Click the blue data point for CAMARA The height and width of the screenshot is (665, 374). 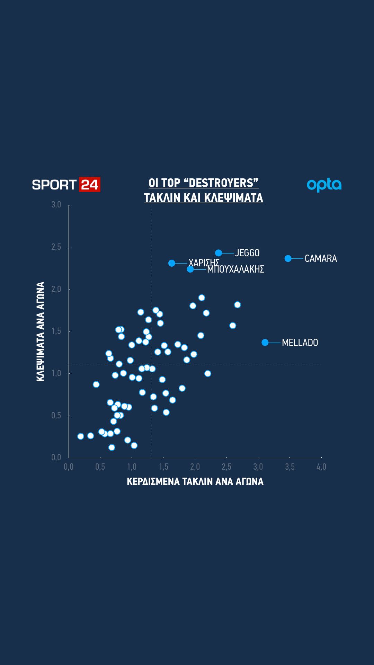tap(288, 258)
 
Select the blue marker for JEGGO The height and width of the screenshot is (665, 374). tap(219, 253)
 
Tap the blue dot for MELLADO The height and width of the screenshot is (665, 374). tap(265, 343)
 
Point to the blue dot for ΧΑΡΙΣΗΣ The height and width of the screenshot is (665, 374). tap(172, 263)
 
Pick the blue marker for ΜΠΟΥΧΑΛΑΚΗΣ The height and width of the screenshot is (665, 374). tap(190, 269)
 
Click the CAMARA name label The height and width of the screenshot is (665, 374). tap(321, 258)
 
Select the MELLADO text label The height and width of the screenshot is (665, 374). tap(300, 343)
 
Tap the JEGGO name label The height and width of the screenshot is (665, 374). tap(247, 253)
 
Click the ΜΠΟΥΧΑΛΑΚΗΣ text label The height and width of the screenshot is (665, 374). tap(235, 269)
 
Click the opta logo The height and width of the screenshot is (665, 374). tap(324, 185)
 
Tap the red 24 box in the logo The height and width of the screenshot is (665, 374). tap(90, 184)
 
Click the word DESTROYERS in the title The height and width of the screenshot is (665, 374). tap(222, 183)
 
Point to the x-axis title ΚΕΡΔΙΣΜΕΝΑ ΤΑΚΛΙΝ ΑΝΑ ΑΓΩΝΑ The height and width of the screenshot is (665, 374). tap(195, 481)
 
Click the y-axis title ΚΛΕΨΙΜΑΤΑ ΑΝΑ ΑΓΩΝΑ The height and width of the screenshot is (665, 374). tap(41, 331)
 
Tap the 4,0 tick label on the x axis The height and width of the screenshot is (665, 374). tap(321, 467)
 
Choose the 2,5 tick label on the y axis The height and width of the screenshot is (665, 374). tap(56, 247)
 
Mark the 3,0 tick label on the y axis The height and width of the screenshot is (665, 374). tap(56, 205)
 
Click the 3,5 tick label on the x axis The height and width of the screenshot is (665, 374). tap(290, 467)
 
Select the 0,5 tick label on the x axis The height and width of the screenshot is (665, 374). tap(100, 467)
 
